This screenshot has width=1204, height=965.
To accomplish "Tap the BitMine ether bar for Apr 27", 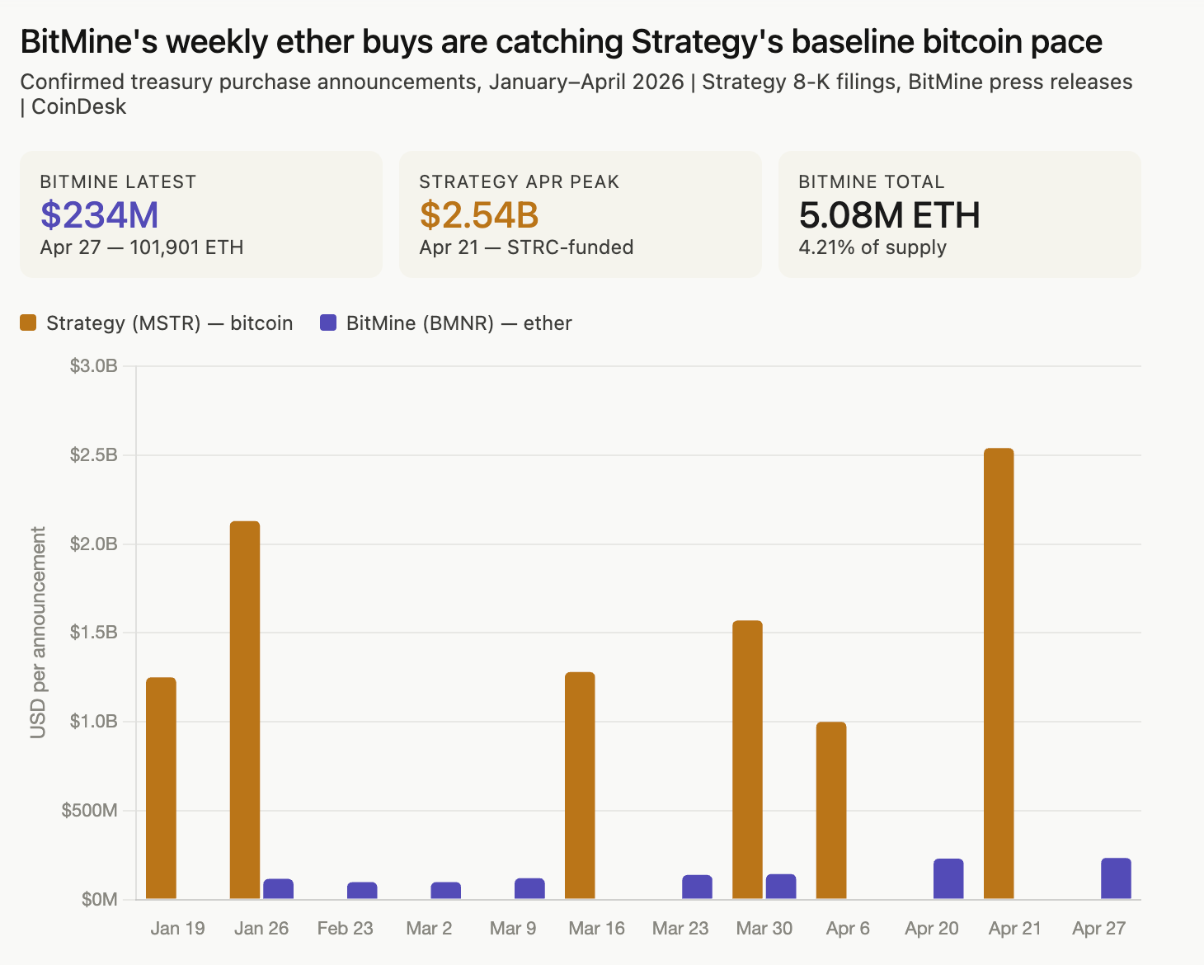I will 1116,878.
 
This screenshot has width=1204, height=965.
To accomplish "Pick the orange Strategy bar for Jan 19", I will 161,788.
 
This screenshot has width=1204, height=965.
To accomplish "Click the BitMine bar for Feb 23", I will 362,890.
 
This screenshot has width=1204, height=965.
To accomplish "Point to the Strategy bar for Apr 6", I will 831,810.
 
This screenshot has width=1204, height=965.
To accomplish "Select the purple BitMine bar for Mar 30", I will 781,886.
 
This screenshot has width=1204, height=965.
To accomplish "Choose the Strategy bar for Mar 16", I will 580,785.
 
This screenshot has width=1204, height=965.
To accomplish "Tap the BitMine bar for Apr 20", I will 948,878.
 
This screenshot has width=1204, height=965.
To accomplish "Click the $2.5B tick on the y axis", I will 94,455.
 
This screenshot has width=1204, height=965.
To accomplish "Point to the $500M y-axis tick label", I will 89,810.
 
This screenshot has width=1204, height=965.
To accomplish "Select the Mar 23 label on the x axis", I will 680,929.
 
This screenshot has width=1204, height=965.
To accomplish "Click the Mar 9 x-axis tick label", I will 513,929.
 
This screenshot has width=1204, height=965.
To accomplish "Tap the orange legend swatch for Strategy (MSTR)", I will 29,323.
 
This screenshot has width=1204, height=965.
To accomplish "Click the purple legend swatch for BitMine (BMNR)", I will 328,323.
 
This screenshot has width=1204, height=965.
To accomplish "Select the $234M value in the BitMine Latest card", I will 100,214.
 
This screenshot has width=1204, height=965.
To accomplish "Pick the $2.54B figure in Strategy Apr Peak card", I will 479,214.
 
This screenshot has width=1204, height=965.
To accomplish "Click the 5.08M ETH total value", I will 889,214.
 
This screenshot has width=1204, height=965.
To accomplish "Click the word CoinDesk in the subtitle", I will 79,107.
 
